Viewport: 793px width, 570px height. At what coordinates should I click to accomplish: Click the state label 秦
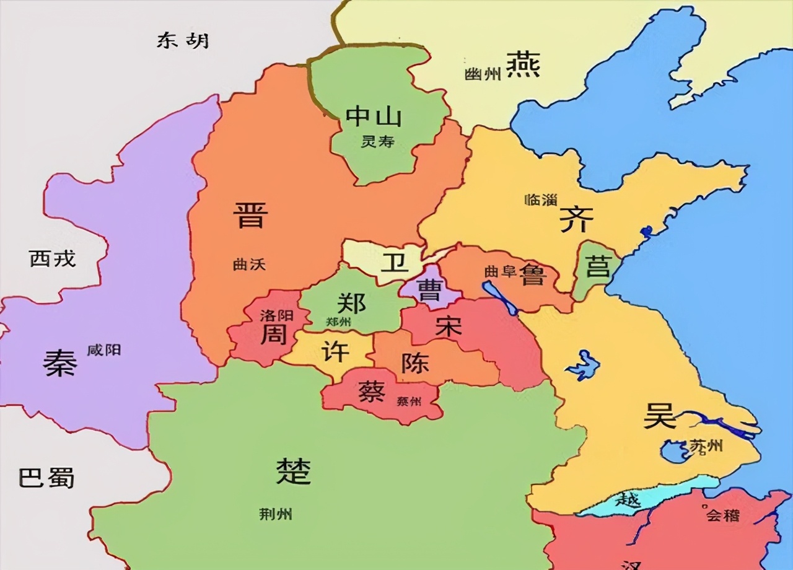click(60, 362)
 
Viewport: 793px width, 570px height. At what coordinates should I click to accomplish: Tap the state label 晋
click(250, 214)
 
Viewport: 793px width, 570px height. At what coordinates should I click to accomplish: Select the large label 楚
click(293, 471)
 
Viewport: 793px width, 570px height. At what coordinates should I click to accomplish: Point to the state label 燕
click(523, 64)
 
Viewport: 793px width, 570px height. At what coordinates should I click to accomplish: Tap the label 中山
click(374, 116)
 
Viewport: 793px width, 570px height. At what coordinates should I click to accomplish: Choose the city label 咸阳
click(104, 351)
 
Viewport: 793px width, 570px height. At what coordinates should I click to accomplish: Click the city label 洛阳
click(276, 315)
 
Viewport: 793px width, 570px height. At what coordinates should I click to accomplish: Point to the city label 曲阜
click(500, 271)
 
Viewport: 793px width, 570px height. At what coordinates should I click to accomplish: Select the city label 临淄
click(540, 199)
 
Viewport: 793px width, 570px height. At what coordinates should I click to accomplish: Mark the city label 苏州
click(706, 446)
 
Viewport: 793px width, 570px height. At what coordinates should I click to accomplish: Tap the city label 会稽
click(722, 515)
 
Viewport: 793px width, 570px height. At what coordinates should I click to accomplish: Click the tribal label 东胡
click(183, 41)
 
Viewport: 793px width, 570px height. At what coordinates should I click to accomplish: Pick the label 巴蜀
click(46, 478)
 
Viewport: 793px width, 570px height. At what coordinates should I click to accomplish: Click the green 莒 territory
click(597, 268)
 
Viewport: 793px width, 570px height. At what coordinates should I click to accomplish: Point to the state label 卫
click(395, 263)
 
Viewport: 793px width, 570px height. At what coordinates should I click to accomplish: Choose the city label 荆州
click(275, 514)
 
